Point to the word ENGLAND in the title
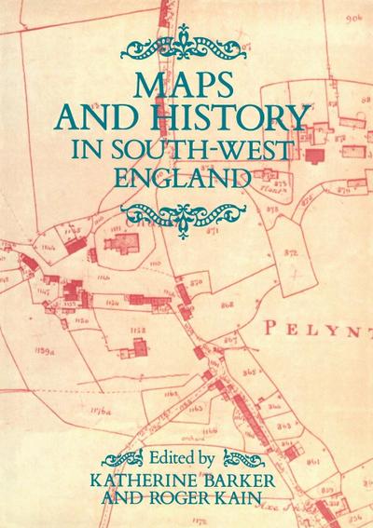[x=186, y=178]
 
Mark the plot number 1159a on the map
[x=45, y=349]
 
